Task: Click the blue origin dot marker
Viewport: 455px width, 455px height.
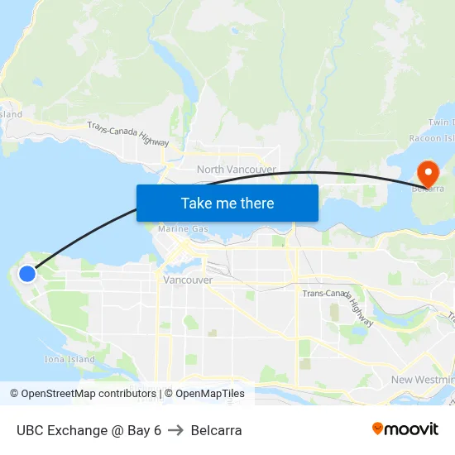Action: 27,273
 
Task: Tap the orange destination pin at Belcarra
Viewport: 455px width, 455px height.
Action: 429,173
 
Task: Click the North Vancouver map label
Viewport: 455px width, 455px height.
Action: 236,170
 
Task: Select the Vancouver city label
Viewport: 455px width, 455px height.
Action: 188,280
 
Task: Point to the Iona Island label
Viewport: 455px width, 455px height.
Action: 69,359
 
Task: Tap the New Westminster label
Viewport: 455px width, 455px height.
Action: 423,379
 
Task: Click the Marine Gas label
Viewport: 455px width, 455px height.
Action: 183,228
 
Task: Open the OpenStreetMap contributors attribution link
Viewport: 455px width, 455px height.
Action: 83,394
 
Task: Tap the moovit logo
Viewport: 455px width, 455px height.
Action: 405,429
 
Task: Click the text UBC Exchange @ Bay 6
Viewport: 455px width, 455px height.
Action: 89,430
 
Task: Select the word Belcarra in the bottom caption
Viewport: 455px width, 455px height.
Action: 216,430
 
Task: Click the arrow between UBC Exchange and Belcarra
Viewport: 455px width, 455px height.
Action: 175,430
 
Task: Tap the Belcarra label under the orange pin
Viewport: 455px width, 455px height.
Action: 429,189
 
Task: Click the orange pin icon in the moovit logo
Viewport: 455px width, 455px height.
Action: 378,429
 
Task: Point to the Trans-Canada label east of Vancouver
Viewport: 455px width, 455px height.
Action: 325,293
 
